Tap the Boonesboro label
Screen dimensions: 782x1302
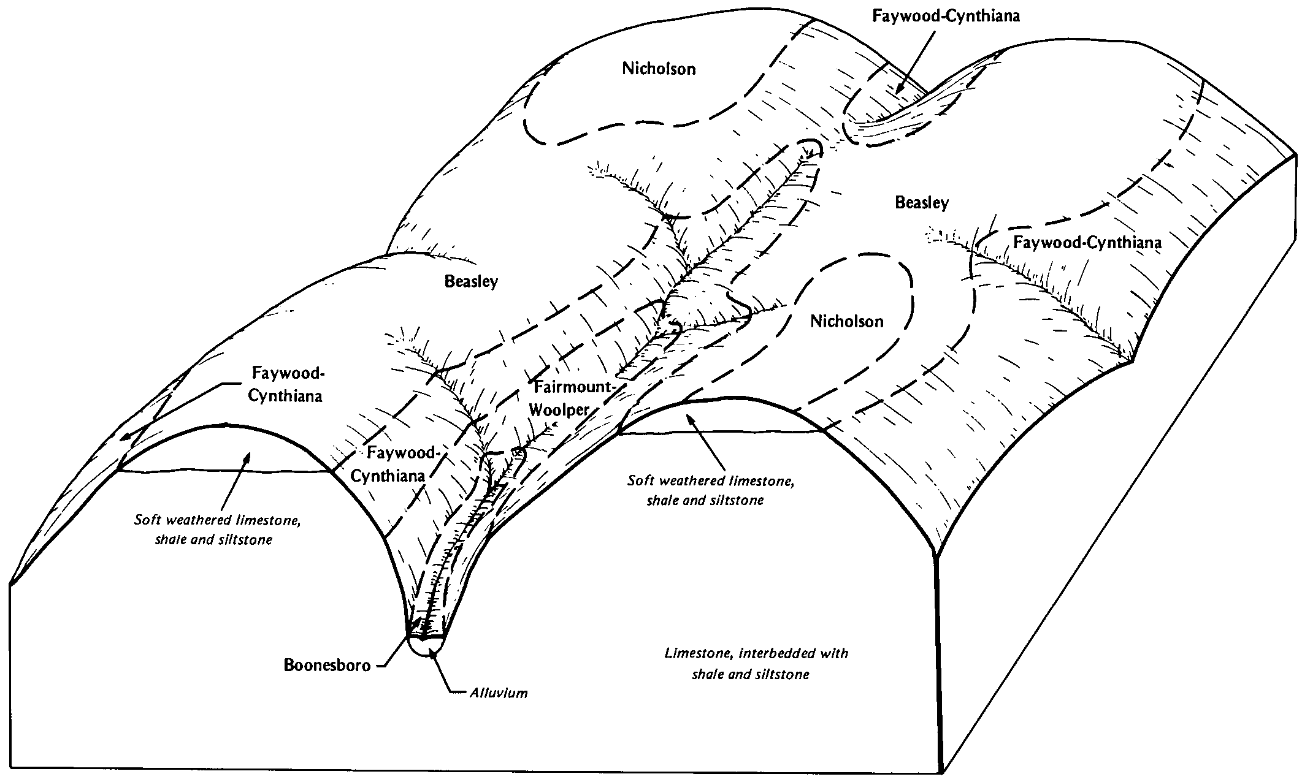coord(327,666)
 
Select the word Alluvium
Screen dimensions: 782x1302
coord(499,693)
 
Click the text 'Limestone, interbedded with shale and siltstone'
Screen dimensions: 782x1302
coord(756,664)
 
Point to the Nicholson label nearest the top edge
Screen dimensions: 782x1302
coord(659,69)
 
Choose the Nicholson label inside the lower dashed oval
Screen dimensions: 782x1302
coord(846,322)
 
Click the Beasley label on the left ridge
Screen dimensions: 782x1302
coord(471,282)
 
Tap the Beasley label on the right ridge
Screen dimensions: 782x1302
coord(922,203)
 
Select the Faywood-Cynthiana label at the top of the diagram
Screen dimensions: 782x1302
coord(946,16)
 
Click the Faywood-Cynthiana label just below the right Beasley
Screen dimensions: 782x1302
coord(1087,243)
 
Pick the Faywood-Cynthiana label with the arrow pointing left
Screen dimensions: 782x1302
coord(285,384)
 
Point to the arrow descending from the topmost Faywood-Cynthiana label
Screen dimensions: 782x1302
coord(915,61)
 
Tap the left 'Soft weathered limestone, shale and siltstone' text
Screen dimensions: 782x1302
coord(217,530)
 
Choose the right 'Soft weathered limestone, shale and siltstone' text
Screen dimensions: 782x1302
coord(710,490)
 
